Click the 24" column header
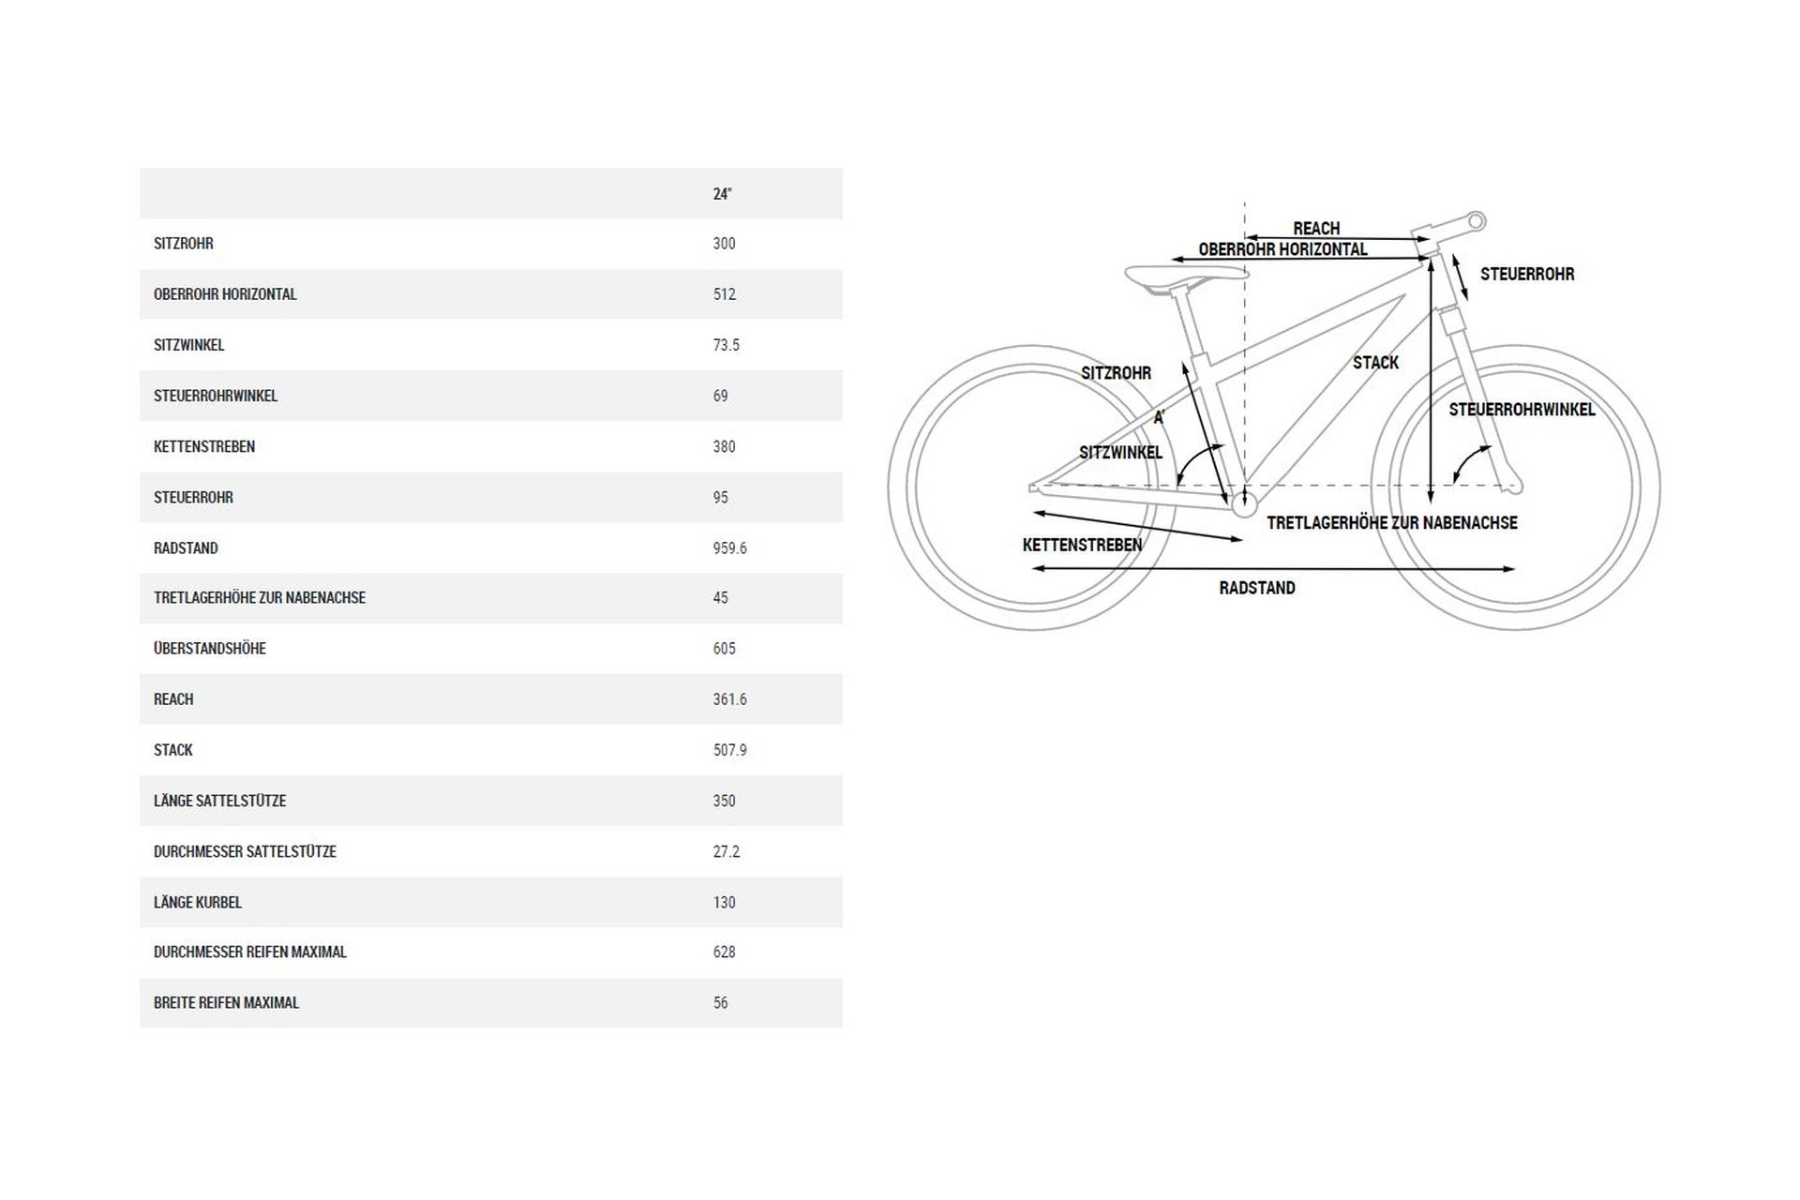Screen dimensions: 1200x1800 click(x=722, y=194)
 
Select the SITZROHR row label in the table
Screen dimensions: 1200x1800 click(x=184, y=244)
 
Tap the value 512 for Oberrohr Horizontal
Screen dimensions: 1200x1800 click(x=724, y=294)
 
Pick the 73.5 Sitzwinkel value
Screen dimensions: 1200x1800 click(x=726, y=345)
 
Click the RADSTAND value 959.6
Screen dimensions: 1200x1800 click(x=729, y=548)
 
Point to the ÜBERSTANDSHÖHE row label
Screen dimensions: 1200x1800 click(x=210, y=649)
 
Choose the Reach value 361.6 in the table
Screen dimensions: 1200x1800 click(x=729, y=699)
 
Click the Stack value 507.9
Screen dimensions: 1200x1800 click(x=729, y=750)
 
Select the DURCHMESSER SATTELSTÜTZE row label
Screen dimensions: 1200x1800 click(x=245, y=852)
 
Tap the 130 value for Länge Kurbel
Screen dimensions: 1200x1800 click(x=724, y=903)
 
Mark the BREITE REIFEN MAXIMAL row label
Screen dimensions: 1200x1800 click(x=226, y=1003)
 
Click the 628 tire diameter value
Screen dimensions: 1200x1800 click(x=724, y=952)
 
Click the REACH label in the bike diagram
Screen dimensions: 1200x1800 click(x=1316, y=229)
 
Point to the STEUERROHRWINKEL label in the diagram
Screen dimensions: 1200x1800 click(x=1522, y=410)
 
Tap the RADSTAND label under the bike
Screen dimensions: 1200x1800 click(x=1257, y=589)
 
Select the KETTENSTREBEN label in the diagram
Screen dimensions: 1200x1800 click(x=1082, y=545)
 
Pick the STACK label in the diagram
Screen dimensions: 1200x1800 click(x=1375, y=363)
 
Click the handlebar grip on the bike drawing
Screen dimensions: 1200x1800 click(x=1476, y=222)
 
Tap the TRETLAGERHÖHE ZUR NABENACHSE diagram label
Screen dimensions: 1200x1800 click(x=1391, y=523)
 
